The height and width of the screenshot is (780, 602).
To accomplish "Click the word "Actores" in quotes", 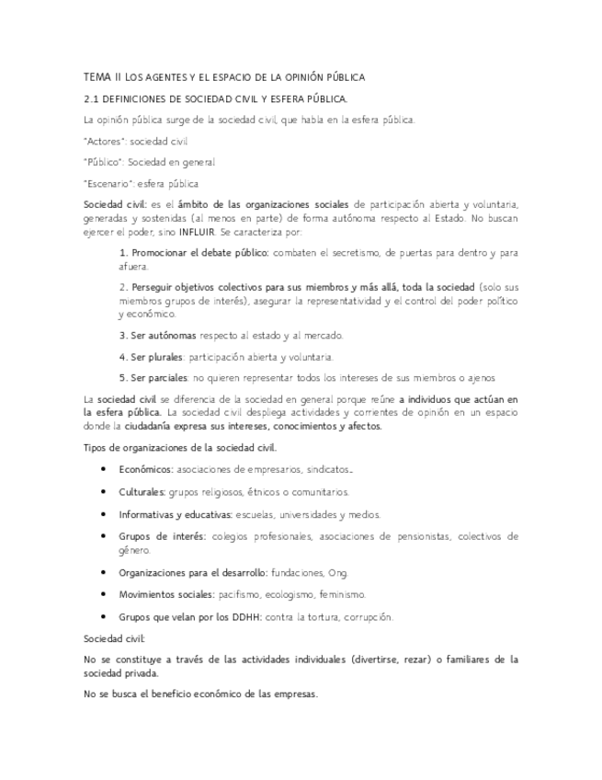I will click(x=105, y=141).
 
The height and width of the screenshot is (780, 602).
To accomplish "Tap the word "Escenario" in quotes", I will click(x=109, y=183).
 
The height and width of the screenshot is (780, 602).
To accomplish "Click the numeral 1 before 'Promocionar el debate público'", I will click(x=123, y=251).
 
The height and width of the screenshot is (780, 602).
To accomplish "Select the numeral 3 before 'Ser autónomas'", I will click(x=123, y=335).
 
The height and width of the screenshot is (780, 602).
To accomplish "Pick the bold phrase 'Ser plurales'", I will click(x=156, y=356).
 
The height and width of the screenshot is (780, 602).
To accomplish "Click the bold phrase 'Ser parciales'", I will click(x=158, y=377).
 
